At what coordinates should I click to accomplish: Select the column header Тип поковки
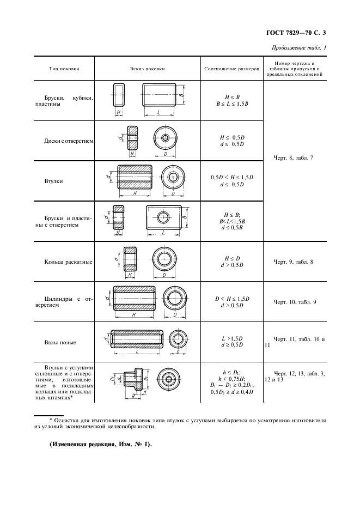(x=64, y=69)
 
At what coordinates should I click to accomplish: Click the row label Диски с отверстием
(x=69, y=141)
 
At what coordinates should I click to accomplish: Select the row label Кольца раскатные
(x=69, y=262)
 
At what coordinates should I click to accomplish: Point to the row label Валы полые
(x=60, y=343)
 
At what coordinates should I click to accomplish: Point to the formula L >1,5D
(x=232, y=339)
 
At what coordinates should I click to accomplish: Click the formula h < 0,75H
(x=232, y=378)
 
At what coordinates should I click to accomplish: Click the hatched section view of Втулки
(x=135, y=177)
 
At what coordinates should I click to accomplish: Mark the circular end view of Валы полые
(x=178, y=338)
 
